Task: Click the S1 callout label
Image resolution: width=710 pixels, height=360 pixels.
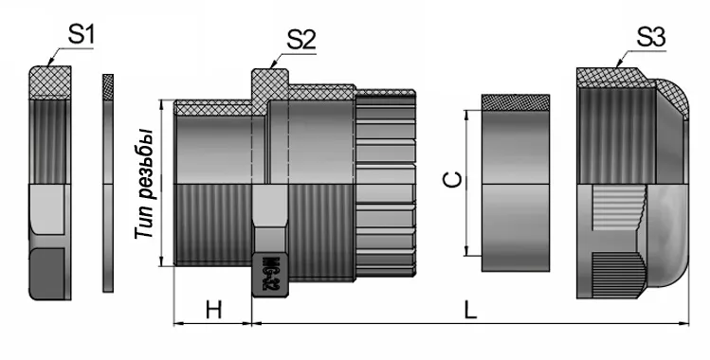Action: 81,36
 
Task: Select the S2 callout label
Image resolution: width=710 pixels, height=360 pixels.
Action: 300,39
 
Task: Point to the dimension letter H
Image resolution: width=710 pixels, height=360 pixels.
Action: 213,308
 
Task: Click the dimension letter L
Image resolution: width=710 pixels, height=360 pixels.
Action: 470,308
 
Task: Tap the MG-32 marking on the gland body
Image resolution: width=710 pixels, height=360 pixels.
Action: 268,274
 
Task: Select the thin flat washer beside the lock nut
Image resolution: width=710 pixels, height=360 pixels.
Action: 107,185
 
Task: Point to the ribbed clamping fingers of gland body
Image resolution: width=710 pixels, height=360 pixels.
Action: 386,185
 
